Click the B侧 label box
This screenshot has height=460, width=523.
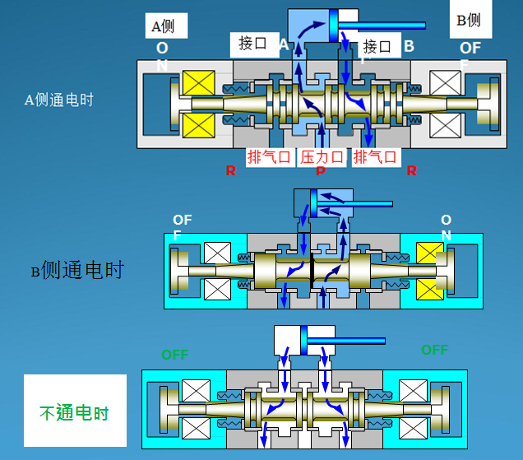pyautogui.click(x=470, y=20)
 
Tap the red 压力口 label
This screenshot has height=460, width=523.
pyautogui.click(x=322, y=156)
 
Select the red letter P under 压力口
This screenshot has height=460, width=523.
pyautogui.click(x=321, y=172)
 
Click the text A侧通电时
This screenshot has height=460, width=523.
pyautogui.click(x=59, y=100)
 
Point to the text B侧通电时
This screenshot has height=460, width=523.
pyautogui.click(x=76, y=270)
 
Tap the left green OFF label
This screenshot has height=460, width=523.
pyautogui.click(x=174, y=355)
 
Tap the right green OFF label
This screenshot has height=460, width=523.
pyautogui.click(x=434, y=350)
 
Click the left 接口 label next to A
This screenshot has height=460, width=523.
pyautogui.click(x=252, y=44)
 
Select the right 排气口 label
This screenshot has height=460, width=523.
pyautogui.click(x=375, y=156)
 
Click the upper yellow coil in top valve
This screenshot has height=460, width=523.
pyautogui.click(x=199, y=83)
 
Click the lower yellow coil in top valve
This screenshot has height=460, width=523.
pyautogui.click(x=199, y=125)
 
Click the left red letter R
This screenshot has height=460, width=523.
pyautogui.click(x=230, y=171)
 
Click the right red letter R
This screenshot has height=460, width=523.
pyautogui.click(x=411, y=171)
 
